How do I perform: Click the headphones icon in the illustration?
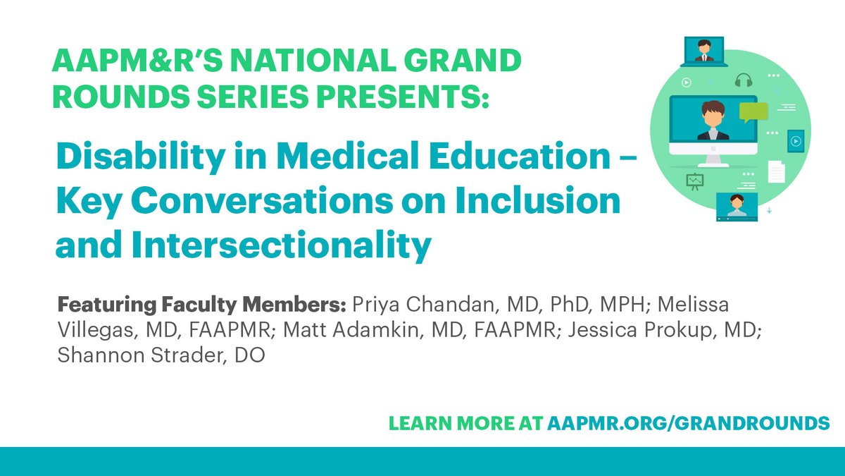744,80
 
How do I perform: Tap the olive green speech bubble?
753,112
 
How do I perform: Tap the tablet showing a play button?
795,140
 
